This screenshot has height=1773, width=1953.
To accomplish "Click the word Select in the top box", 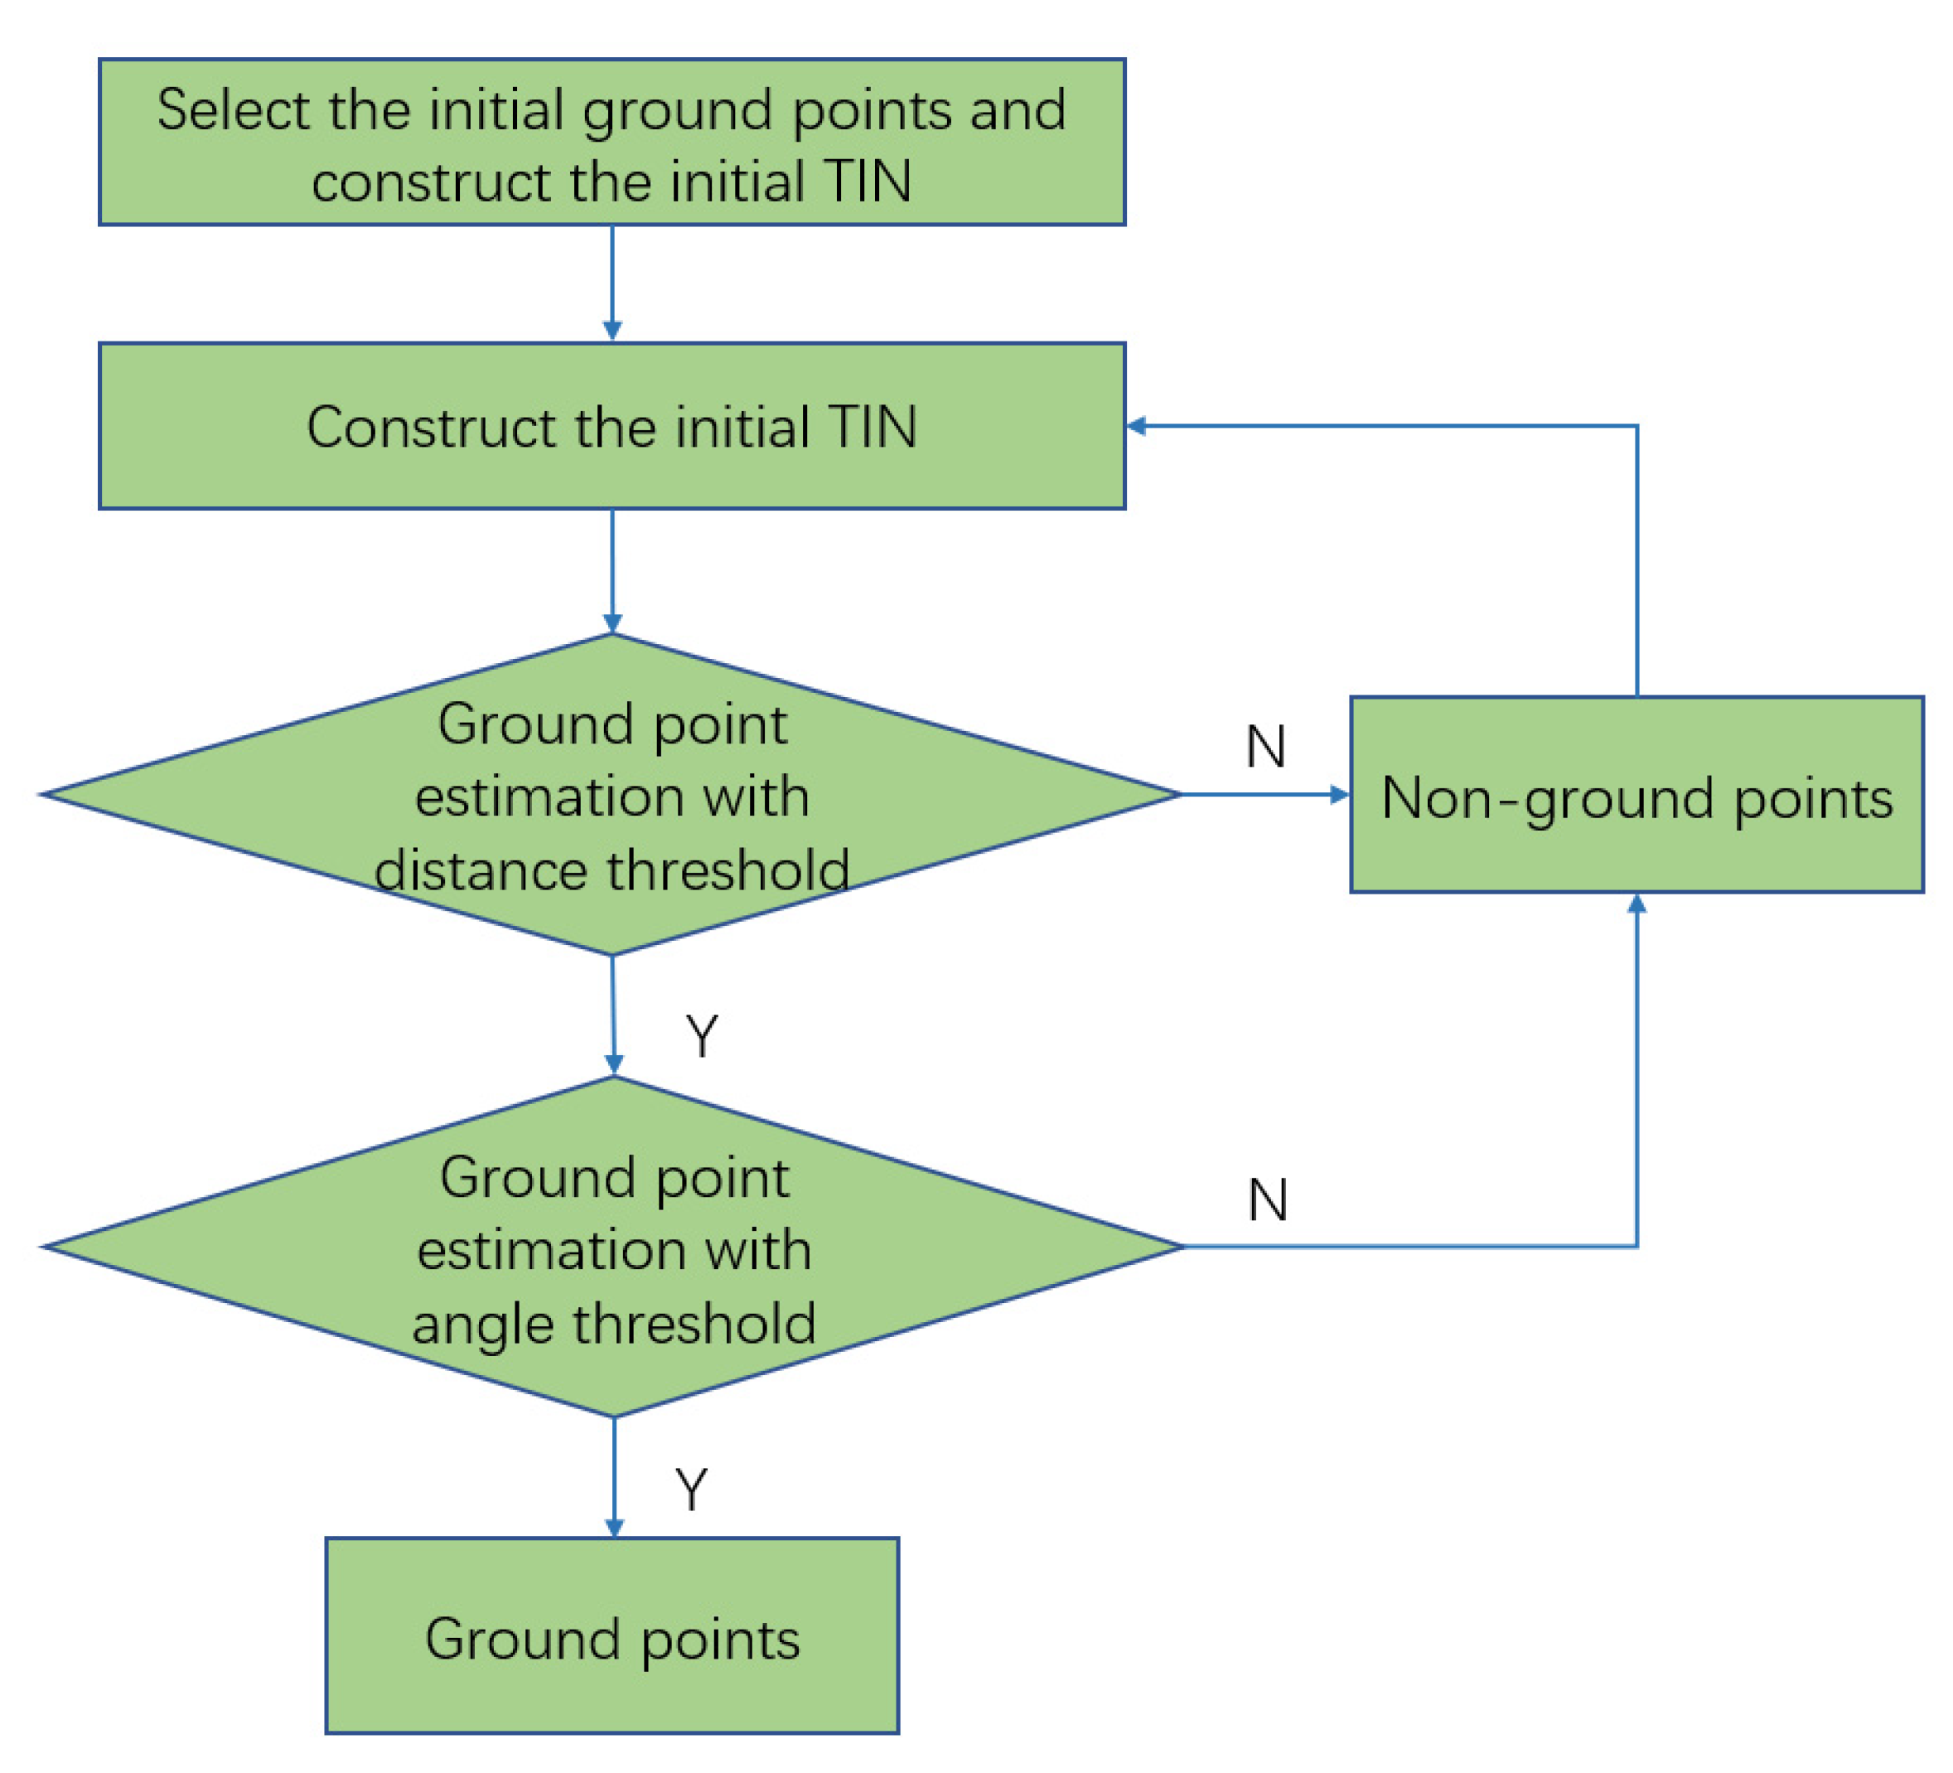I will [x=234, y=109].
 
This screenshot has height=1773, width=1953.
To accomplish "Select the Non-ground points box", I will [x=1636, y=794].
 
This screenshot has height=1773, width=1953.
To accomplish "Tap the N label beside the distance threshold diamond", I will [x=1265, y=747].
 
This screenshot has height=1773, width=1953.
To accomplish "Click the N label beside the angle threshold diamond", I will [x=1267, y=1199].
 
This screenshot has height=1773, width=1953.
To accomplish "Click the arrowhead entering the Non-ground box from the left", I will [x=1340, y=794].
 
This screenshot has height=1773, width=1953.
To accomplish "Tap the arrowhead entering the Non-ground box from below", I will [x=1636, y=903].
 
